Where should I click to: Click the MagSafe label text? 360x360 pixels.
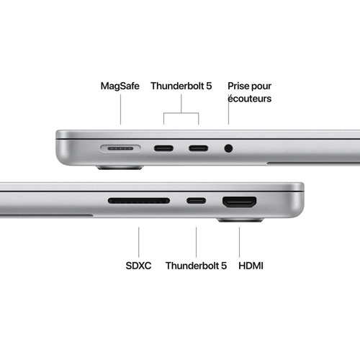120,86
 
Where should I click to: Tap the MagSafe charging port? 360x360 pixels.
120,149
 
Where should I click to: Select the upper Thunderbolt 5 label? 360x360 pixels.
181,86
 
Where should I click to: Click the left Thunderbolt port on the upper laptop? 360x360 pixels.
163,149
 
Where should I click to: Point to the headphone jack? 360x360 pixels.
229,149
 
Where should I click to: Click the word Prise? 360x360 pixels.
238,86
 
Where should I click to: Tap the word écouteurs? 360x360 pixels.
249,99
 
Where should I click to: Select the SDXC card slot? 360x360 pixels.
138,202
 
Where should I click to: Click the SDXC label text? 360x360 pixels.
138,266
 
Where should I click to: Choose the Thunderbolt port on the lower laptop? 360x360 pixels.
195,202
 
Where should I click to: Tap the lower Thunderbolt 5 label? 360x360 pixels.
196,266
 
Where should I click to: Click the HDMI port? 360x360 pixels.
240,202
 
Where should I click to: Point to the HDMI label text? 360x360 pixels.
250,266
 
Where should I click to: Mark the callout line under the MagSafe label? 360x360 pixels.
120,112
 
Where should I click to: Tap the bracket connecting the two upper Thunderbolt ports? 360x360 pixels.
181,112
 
